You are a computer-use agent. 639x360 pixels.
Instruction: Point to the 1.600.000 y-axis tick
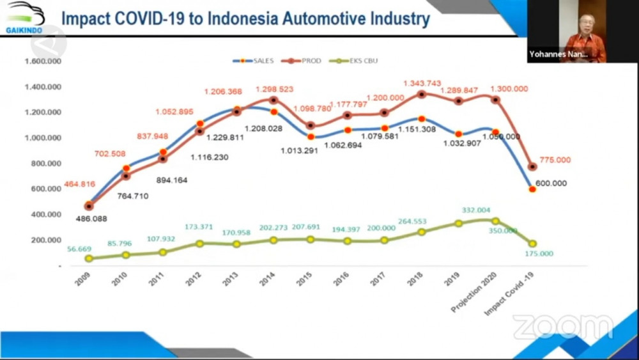tap(42, 62)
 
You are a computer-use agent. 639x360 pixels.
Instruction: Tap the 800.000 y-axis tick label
tap(45, 164)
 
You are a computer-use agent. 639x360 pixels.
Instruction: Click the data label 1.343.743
tap(422, 83)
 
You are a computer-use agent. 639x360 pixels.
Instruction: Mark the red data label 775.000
tap(555, 160)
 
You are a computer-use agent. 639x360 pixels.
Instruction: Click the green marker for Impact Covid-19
tap(532, 244)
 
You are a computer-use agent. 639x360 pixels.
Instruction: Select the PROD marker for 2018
tap(421, 95)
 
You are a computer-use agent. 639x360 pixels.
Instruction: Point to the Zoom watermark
tap(562, 327)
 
